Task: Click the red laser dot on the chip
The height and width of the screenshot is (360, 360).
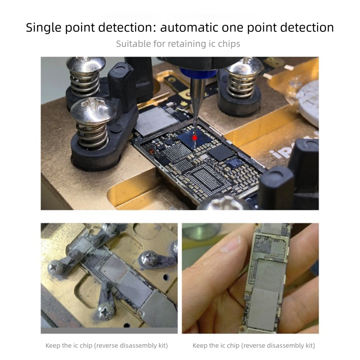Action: [195, 138]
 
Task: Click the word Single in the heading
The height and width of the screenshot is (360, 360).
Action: [44, 28]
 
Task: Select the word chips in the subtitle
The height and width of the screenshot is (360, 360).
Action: [229, 44]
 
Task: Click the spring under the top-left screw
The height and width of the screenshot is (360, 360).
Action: [85, 83]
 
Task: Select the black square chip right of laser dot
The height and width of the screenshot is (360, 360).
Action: [220, 153]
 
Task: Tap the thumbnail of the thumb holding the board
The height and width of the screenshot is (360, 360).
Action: [230, 244]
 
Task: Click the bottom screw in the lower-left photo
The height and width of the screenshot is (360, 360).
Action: [106, 311]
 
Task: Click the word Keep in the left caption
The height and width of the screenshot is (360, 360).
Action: [53, 346]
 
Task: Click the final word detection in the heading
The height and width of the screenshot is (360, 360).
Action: [307, 27]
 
